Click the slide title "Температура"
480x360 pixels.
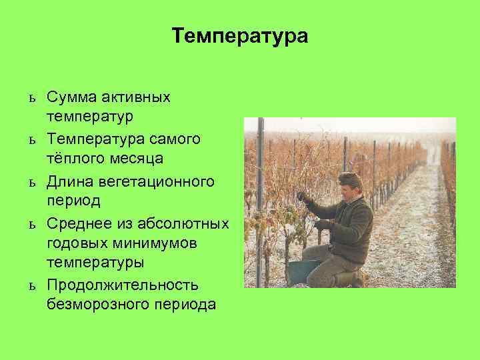pos(240,35)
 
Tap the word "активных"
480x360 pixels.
pos(137,98)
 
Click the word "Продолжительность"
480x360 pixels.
pos(123,285)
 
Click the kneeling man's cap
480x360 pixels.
pos(349,179)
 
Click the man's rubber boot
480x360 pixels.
pos(346,279)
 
